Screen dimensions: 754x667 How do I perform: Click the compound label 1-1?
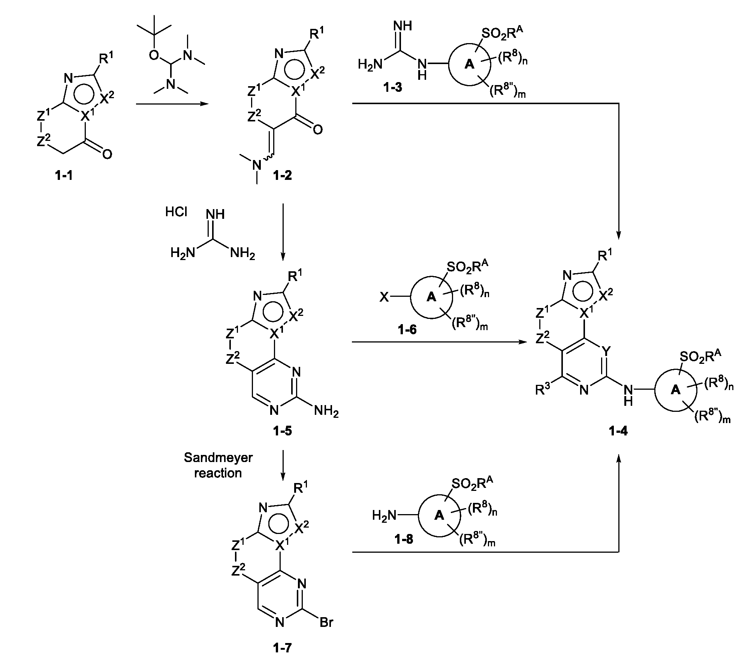coord(64,175)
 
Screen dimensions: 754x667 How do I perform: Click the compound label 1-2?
coord(282,175)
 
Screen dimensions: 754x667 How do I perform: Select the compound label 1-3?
coord(392,88)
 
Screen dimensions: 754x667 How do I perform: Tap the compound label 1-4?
coord(618,431)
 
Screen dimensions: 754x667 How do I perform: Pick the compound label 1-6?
coord(407,330)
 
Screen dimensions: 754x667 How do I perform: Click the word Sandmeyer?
coord(218,458)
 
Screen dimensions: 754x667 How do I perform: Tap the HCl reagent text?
coord(176,212)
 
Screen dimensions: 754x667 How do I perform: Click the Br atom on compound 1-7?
coord(326,623)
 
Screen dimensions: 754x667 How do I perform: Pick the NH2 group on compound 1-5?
coord(326,412)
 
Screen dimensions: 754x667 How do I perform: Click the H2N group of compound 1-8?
coord(384,516)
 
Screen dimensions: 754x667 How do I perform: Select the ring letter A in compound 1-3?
coord(469,65)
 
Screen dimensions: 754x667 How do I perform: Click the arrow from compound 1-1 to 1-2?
coord(172,103)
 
